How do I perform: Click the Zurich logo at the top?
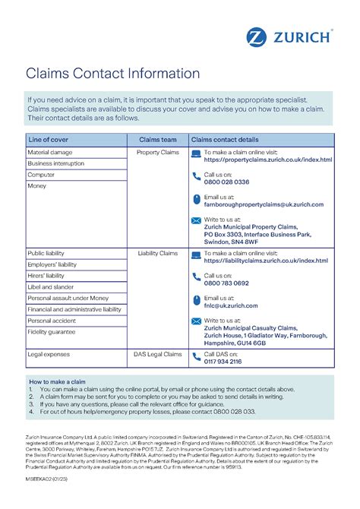click(x=288, y=36)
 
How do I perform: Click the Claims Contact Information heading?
click(x=114, y=74)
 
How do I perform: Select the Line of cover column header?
click(x=49, y=141)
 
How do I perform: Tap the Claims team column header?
click(x=158, y=141)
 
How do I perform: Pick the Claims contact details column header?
click(x=224, y=141)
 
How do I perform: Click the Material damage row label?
click(x=49, y=153)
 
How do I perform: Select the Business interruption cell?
click(x=55, y=163)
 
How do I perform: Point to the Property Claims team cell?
click(x=158, y=153)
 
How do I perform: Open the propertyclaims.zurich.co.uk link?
click(x=267, y=160)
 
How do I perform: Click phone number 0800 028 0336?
click(x=226, y=182)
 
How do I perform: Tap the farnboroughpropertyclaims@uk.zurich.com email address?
click(x=264, y=204)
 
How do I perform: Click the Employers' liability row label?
click(x=52, y=264)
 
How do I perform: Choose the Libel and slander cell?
click(x=52, y=287)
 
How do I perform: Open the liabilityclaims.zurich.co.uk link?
click(x=266, y=261)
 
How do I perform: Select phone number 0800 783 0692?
click(x=226, y=283)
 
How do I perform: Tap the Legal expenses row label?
click(x=49, y=354)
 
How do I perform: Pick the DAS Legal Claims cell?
click(x=158, y=354)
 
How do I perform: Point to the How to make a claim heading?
click(x=57, y=381)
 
